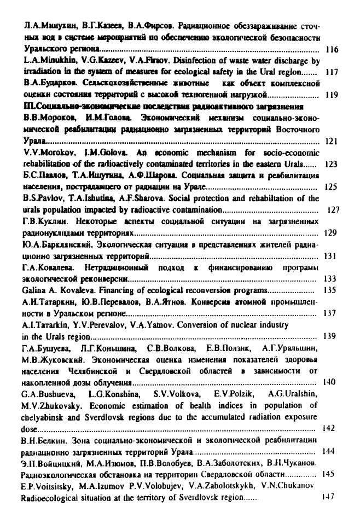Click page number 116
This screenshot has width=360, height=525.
[332, 50]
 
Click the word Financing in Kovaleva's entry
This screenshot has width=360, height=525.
[103, 290]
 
